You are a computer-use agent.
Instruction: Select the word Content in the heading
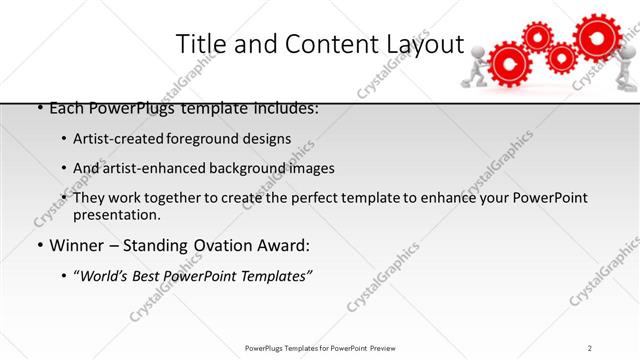click(311, 44)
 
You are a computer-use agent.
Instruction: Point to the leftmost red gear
click(508, 66)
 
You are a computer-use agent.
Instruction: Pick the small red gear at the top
click(538, 36)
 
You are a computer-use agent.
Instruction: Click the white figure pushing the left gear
click(473, 72)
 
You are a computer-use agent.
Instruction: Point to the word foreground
click(204, 138)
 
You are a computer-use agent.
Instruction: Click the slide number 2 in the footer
click(590, 347)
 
